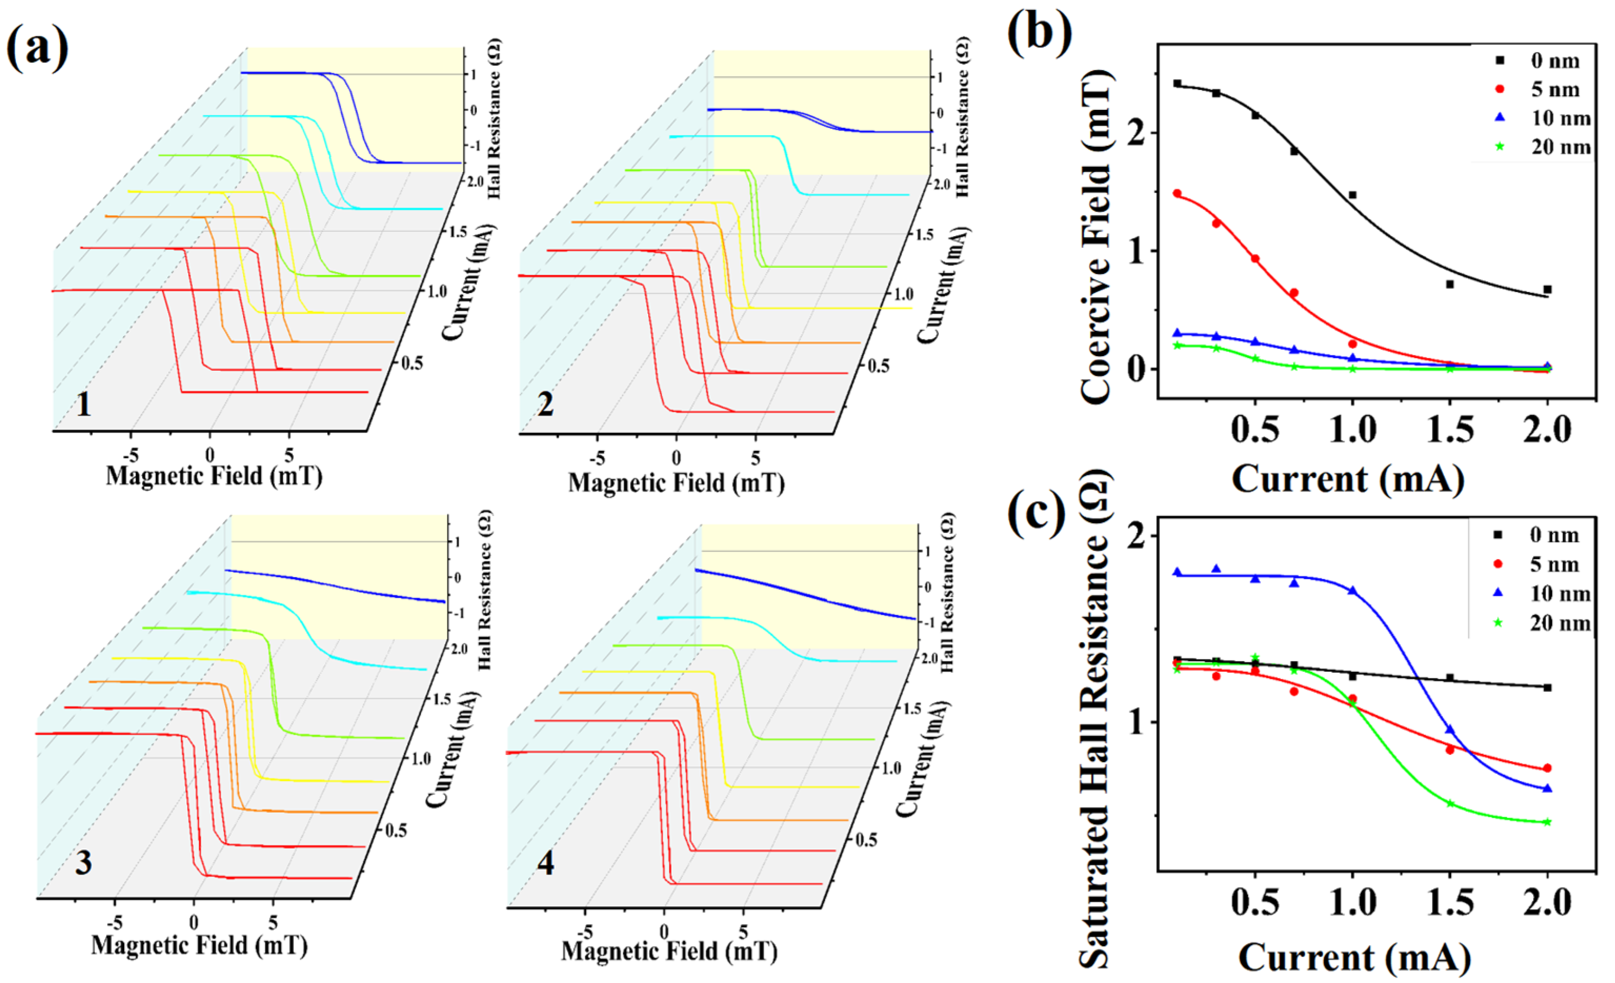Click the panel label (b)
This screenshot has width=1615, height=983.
[x=1039, y=33]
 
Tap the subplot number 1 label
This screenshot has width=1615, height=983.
[x=83, y=404]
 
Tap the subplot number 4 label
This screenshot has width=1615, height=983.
[x=546, y=863]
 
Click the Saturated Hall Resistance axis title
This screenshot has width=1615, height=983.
[x=1093, y=721]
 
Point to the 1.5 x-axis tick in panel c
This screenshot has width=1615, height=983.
[x=1449, y=903]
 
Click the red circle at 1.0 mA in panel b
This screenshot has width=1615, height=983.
[x=1352, y=344]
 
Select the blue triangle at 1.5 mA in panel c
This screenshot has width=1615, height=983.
[x=1449, y=729]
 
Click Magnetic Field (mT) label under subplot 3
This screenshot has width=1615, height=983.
[x=199, y=945]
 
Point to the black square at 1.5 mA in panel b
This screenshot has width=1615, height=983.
[x=1449, y=285]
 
